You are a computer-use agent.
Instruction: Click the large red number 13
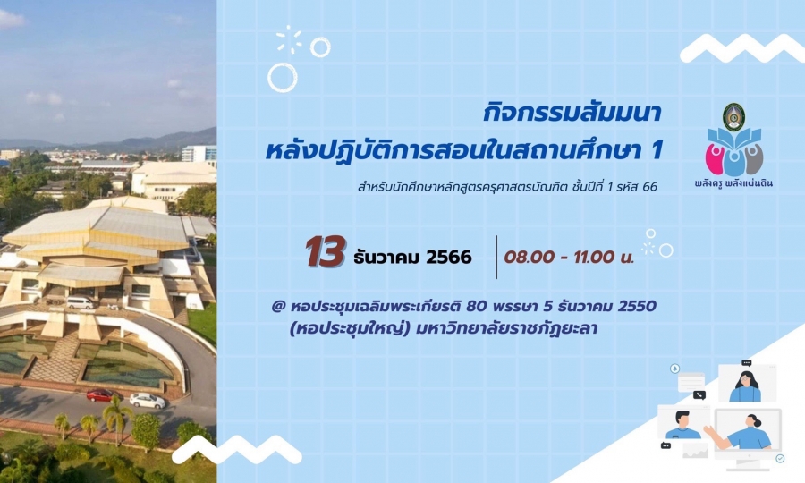326,252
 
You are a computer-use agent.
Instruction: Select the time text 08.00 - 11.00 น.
570,257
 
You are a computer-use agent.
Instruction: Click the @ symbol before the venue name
278,307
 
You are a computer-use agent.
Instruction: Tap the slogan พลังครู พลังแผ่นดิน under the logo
733,182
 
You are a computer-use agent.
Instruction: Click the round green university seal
733,117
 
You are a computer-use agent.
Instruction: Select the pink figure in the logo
716,159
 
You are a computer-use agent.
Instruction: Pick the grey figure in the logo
753,159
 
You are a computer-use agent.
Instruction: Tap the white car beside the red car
148,401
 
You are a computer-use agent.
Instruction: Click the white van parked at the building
80,303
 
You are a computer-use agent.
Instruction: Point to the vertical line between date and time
496,258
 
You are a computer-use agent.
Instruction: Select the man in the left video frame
682,426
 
